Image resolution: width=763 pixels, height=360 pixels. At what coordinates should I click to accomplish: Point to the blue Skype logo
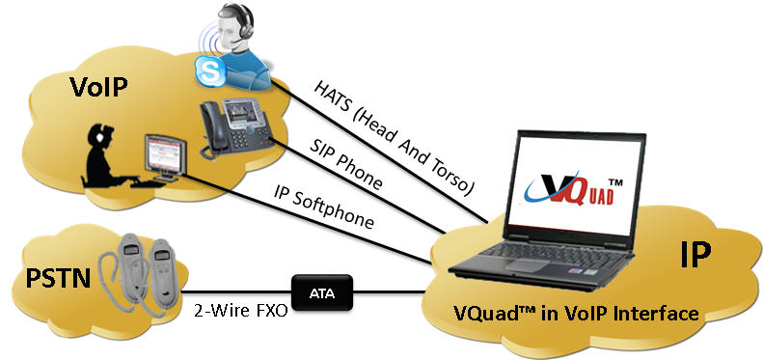pos(205,70)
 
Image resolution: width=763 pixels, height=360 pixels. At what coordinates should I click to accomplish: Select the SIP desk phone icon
pos(231,126)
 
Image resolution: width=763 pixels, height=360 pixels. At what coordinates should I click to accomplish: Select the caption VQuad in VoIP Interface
pos(576,314)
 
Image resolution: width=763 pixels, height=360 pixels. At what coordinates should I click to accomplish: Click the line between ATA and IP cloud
pos(395,287)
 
